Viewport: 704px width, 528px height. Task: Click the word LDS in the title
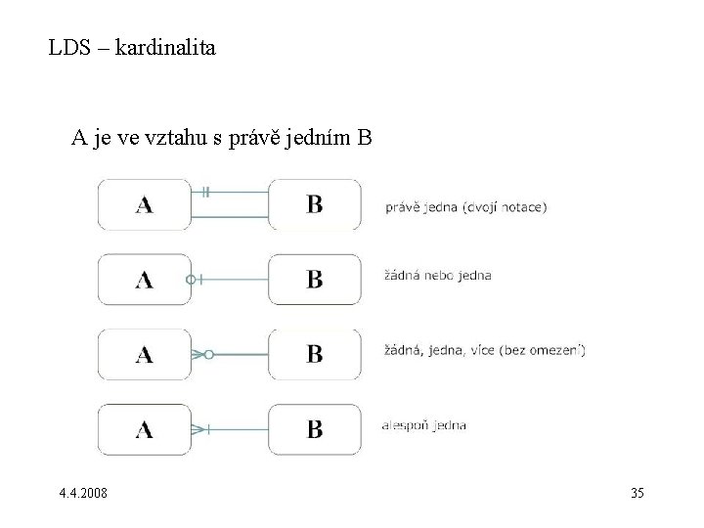(x=68, y=45)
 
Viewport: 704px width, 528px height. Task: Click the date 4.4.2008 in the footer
(x=84, y=493)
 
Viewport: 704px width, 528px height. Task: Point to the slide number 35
(x=638, y=493)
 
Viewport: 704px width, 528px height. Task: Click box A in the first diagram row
(x=145, y=204)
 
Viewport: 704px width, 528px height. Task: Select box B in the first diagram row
(x=315, y=204)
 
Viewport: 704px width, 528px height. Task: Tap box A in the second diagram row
(x=145, y=279)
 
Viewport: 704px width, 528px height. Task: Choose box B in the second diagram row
(x=315, y=279)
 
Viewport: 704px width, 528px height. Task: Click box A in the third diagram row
(x=145, y=353)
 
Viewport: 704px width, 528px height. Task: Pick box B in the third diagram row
(x=315, y=353)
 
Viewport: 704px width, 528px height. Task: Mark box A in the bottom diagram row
(x=145, y=428)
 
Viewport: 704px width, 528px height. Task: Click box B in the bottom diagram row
(x=315, y=428)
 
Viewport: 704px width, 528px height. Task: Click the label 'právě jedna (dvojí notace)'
(x=465, y=206)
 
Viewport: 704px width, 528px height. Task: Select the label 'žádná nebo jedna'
(x=437, y=275)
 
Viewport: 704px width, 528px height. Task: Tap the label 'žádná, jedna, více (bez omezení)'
(x=484, y=350)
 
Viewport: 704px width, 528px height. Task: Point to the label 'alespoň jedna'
(x=423, y=424)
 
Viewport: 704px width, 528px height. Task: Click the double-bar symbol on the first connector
(x=205, y=192)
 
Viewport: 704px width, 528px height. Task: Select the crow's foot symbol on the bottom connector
(x=199, y=428)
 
